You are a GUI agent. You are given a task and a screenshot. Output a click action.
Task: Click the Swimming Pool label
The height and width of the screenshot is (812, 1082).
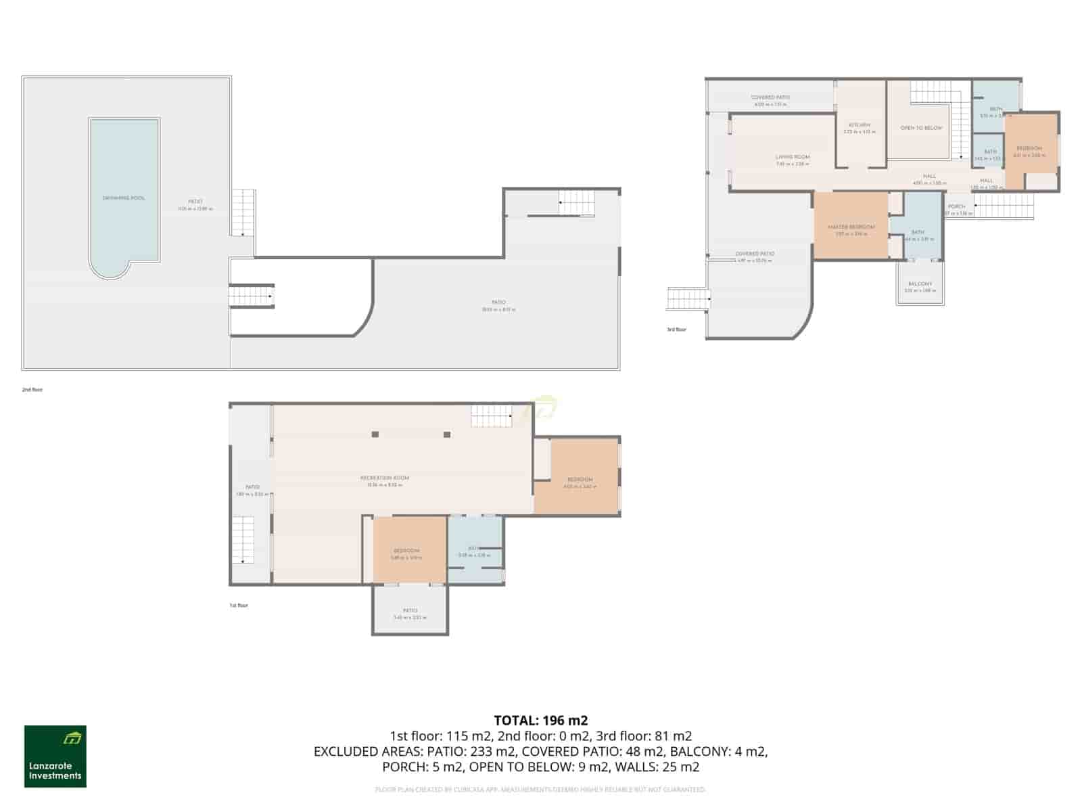point(124,198)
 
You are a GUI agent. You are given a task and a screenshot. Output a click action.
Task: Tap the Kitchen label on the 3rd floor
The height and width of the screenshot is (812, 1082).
point(860,126)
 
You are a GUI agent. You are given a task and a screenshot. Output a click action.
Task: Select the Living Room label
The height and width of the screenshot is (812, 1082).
point(793,157)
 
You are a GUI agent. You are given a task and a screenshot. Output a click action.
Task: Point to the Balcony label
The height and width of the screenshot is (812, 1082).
point(920,284)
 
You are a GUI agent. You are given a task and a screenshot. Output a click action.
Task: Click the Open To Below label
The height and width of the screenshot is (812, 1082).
point(921,128)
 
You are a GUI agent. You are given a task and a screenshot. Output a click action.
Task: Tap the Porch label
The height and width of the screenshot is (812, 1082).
point(956,207)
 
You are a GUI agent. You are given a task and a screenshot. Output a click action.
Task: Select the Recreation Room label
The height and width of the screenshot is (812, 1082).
point(384,478)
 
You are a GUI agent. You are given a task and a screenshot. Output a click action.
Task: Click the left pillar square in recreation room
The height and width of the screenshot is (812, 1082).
point(375,434)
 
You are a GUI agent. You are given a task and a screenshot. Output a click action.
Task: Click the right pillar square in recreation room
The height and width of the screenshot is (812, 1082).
point(447,434)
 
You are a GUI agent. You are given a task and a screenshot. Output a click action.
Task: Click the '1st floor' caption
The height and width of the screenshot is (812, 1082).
point(239,606)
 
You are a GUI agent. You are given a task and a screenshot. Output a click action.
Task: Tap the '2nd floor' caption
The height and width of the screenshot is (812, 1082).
point(32,390)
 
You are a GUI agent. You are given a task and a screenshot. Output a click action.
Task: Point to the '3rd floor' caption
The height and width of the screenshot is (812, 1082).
point(676,330)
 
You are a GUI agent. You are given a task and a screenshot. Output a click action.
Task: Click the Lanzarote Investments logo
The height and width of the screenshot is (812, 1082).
point(55,757)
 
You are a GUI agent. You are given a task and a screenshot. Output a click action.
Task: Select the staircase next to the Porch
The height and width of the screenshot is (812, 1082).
point(1004,206)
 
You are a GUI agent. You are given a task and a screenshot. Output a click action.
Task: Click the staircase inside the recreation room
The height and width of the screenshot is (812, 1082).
point(492,415)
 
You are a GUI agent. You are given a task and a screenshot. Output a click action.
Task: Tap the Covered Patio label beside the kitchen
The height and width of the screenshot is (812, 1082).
point(770,97)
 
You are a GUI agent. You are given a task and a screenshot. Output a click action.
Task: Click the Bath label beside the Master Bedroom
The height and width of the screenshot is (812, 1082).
point(917,232)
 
